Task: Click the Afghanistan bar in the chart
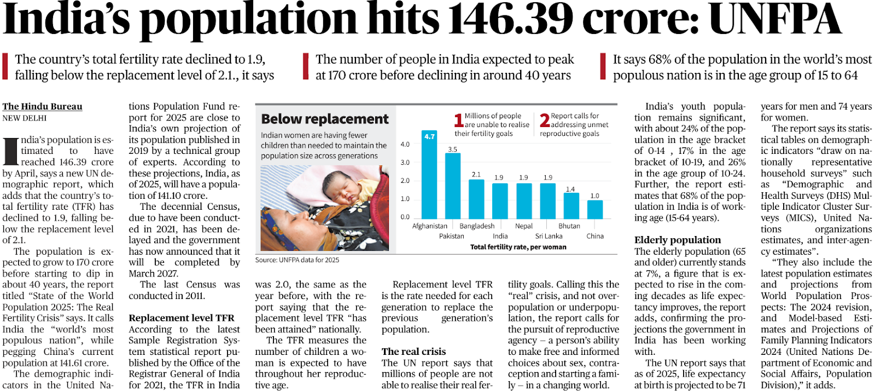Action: pyautogui.click(x=429, y=174)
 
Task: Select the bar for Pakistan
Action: pyautogui.click(x=453, y=186)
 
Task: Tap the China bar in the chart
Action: pyautogui.click(x=595, y=210)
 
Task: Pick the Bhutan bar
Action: pyautogui.click(x=571, y=206)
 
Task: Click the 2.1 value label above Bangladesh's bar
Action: pyautogui.click(x=476, y=174)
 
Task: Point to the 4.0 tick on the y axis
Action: pyautogui.click(x=405, y=144)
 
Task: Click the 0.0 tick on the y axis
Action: pyautogui.click(x=405, y=217)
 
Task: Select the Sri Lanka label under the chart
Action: pyautogui.click(x=549, y=236)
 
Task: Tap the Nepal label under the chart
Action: pyautogui.click(x=524, y=226)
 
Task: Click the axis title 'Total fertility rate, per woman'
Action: pyautogui.click(x=518, y=247)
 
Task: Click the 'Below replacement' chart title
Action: pyautogui.click(x=325, y=119)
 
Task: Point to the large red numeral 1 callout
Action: pyautogui.click(x=459, y=120)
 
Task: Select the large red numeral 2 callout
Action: pyautogui.click(x=545, y=120)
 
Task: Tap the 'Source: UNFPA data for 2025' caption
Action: pyautogui.click(x=297, y=260)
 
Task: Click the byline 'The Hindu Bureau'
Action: pyautogui.click(x=42, y=106)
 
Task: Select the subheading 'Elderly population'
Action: pyautogui.click(x=678, y=240)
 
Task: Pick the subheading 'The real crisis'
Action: pyautogui.click(x=413, y=352)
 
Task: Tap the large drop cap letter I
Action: pyautogui.click(x=10, y=151)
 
